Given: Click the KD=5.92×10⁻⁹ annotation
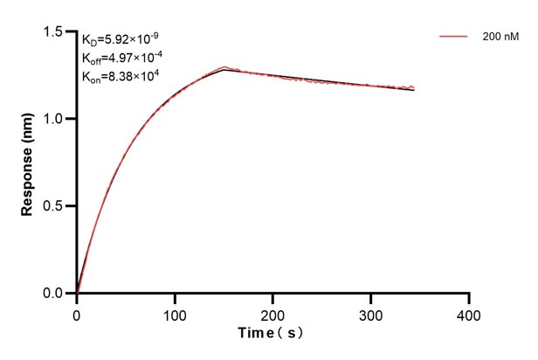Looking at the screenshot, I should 121,39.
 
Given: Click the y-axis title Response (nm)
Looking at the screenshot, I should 27,163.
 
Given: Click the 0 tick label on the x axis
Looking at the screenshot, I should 77,313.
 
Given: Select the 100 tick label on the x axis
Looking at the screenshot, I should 175,313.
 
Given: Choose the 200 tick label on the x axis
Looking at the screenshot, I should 273,313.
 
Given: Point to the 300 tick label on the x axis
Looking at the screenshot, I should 371,313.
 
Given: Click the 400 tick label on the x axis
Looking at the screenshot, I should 470,313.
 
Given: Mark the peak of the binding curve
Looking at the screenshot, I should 224,67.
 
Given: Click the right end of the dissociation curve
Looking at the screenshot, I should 414,88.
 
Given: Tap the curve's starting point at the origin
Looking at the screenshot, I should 77,294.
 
